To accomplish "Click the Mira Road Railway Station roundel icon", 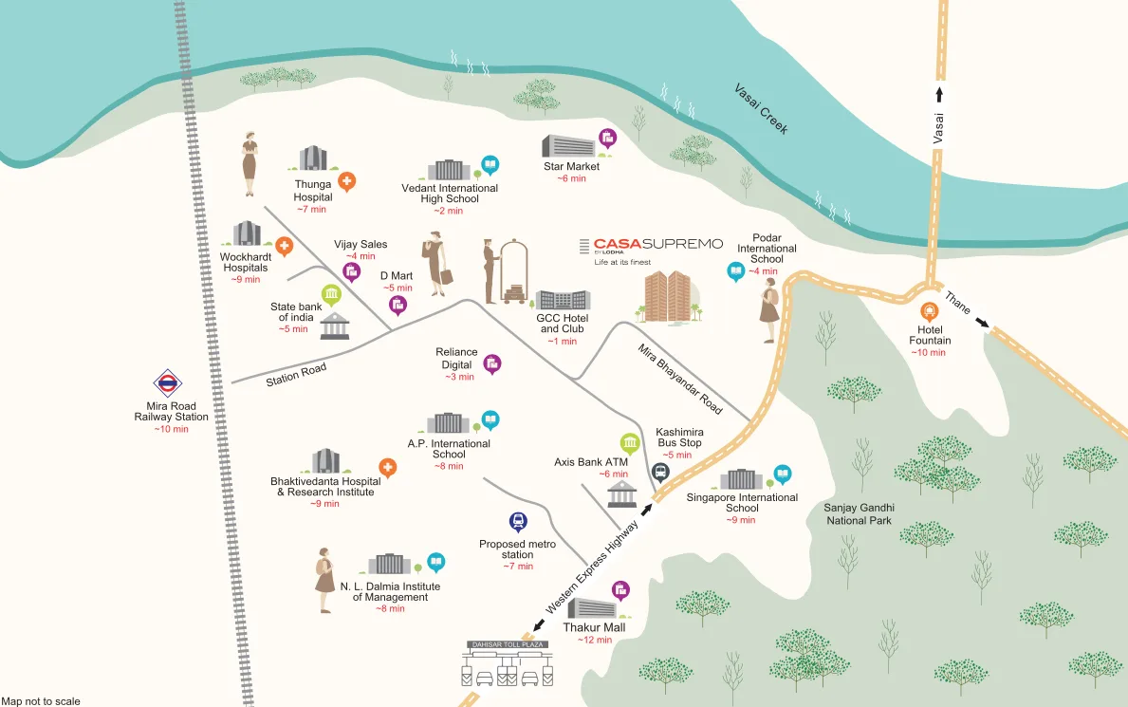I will click(x=168, y=383).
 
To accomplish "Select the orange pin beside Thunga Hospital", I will click(x=347, y=181).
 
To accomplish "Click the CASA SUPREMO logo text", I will click(x=657, y=245).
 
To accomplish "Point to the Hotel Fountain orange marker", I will click(x=928, y=309).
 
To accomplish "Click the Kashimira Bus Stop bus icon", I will click(x=660, y=472).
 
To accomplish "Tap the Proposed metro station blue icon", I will click(x=518, y=520).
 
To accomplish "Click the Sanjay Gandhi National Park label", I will click(x=859, y=513).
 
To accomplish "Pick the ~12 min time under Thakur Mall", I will click(x=596, y=641).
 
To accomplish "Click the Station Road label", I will click(x=296, y=374).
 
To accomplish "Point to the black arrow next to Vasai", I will click(x=939, y=93).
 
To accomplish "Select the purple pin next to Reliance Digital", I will click(x=492, y=363).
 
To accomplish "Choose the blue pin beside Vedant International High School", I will click(x=490, y=165).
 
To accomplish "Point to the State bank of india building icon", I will click(x=334, y=327).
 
